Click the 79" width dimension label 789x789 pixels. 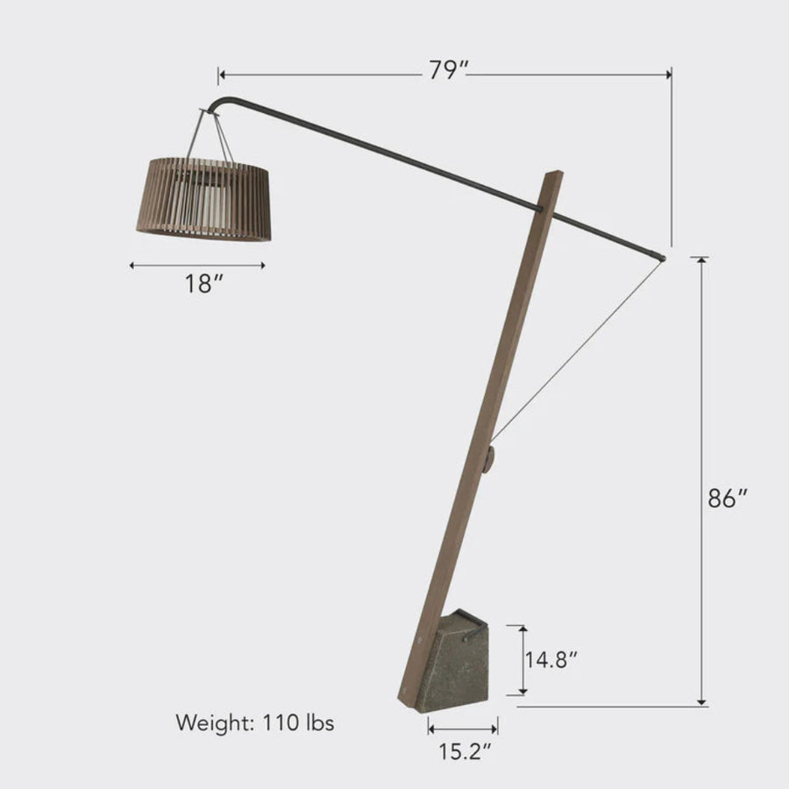pyautogui.click(x=444, y=72)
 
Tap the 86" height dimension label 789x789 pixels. pyautogui.click(x=727, y=498)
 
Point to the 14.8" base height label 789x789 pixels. pyautogui.click(x=551, y=659)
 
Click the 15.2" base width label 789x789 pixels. pyautogui.click(x=464, y=750)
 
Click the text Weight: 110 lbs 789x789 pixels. pyautogui.click(x=254, y=723)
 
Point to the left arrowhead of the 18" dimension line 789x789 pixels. pyautogui.click(x=132, y=264)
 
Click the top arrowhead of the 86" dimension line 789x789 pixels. pyautogui.click(x=701, y=260)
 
